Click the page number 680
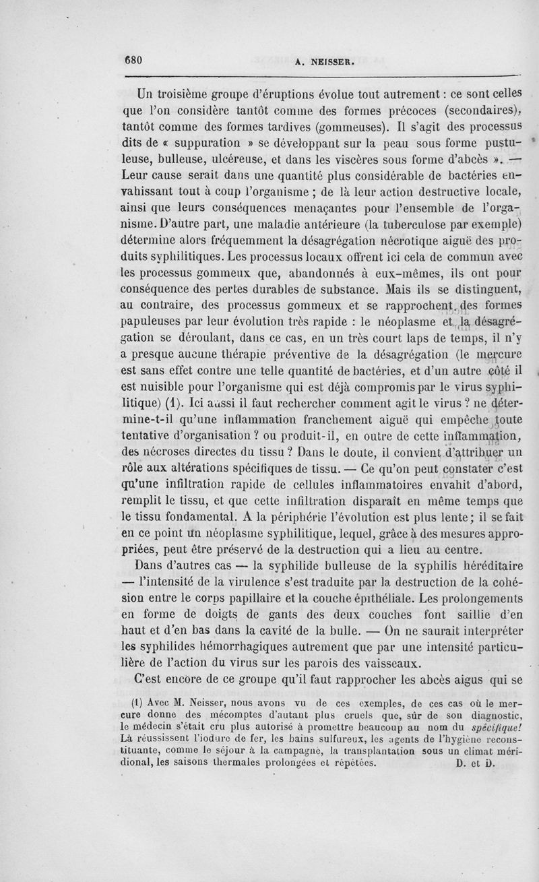(133, 59)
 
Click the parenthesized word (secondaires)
(478, 110)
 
